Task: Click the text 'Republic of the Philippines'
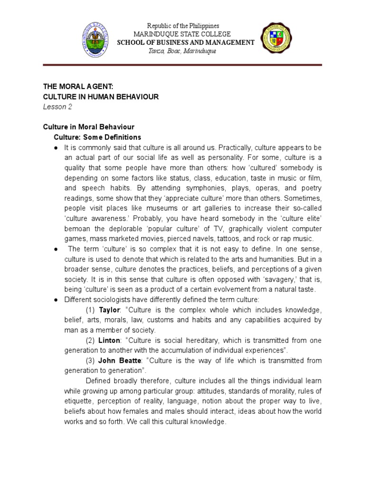183,26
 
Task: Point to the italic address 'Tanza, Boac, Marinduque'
182,51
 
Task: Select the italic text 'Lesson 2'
58,107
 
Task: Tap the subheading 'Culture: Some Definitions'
96,137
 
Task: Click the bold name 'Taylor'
109,309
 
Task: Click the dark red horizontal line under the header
182,65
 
